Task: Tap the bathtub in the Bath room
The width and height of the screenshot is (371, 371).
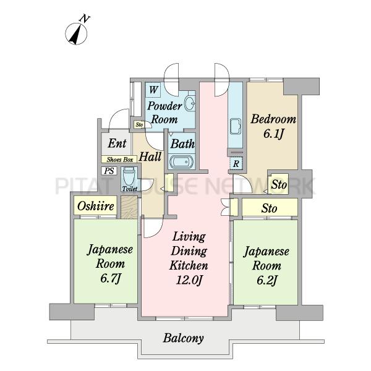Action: [x=181, y=163]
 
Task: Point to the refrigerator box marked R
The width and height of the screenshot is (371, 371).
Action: [x=236, y=163]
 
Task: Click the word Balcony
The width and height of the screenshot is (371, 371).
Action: [x=183, y=338]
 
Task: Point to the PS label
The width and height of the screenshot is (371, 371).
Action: [x=109, y=171]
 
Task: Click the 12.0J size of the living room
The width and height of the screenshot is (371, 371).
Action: [x=189, y=280]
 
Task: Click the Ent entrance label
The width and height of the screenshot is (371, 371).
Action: [x=117, y=143]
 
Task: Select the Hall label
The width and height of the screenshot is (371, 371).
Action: [x=150, y=156]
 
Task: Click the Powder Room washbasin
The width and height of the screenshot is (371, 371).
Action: [x=190, y=103]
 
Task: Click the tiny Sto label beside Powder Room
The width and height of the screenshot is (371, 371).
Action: [x=139, y=124]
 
